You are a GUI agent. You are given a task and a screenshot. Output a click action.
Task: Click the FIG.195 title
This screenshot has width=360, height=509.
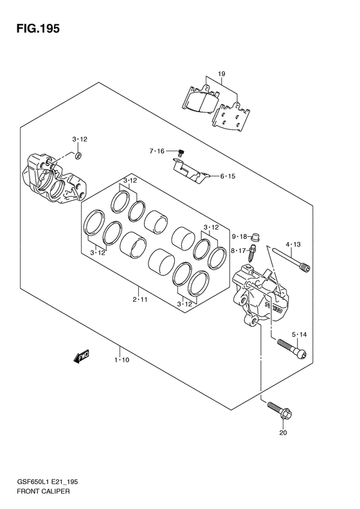[x=39, y=29]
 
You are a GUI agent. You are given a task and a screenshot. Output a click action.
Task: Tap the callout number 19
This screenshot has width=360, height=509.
[x=222, y=74]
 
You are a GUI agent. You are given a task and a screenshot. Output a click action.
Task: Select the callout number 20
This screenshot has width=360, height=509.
[x=283, y=432]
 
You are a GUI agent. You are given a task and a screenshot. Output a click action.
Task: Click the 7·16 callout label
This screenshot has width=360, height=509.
[x=157, y=151]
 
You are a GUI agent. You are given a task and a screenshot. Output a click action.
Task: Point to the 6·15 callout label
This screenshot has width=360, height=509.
[x=228, y=176]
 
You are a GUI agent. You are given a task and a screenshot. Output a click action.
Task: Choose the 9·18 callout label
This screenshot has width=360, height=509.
[x=239, y=237]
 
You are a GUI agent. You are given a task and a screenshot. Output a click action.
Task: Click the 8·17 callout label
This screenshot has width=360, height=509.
[x=239, y=250]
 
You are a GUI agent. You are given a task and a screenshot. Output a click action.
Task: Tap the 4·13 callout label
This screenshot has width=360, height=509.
[x=293, y=245]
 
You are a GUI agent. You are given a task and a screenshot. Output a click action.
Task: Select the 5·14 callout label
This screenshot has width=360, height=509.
[x=299, y=335]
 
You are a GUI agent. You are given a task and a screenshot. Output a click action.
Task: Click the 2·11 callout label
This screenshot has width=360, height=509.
[x=139, y=299]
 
